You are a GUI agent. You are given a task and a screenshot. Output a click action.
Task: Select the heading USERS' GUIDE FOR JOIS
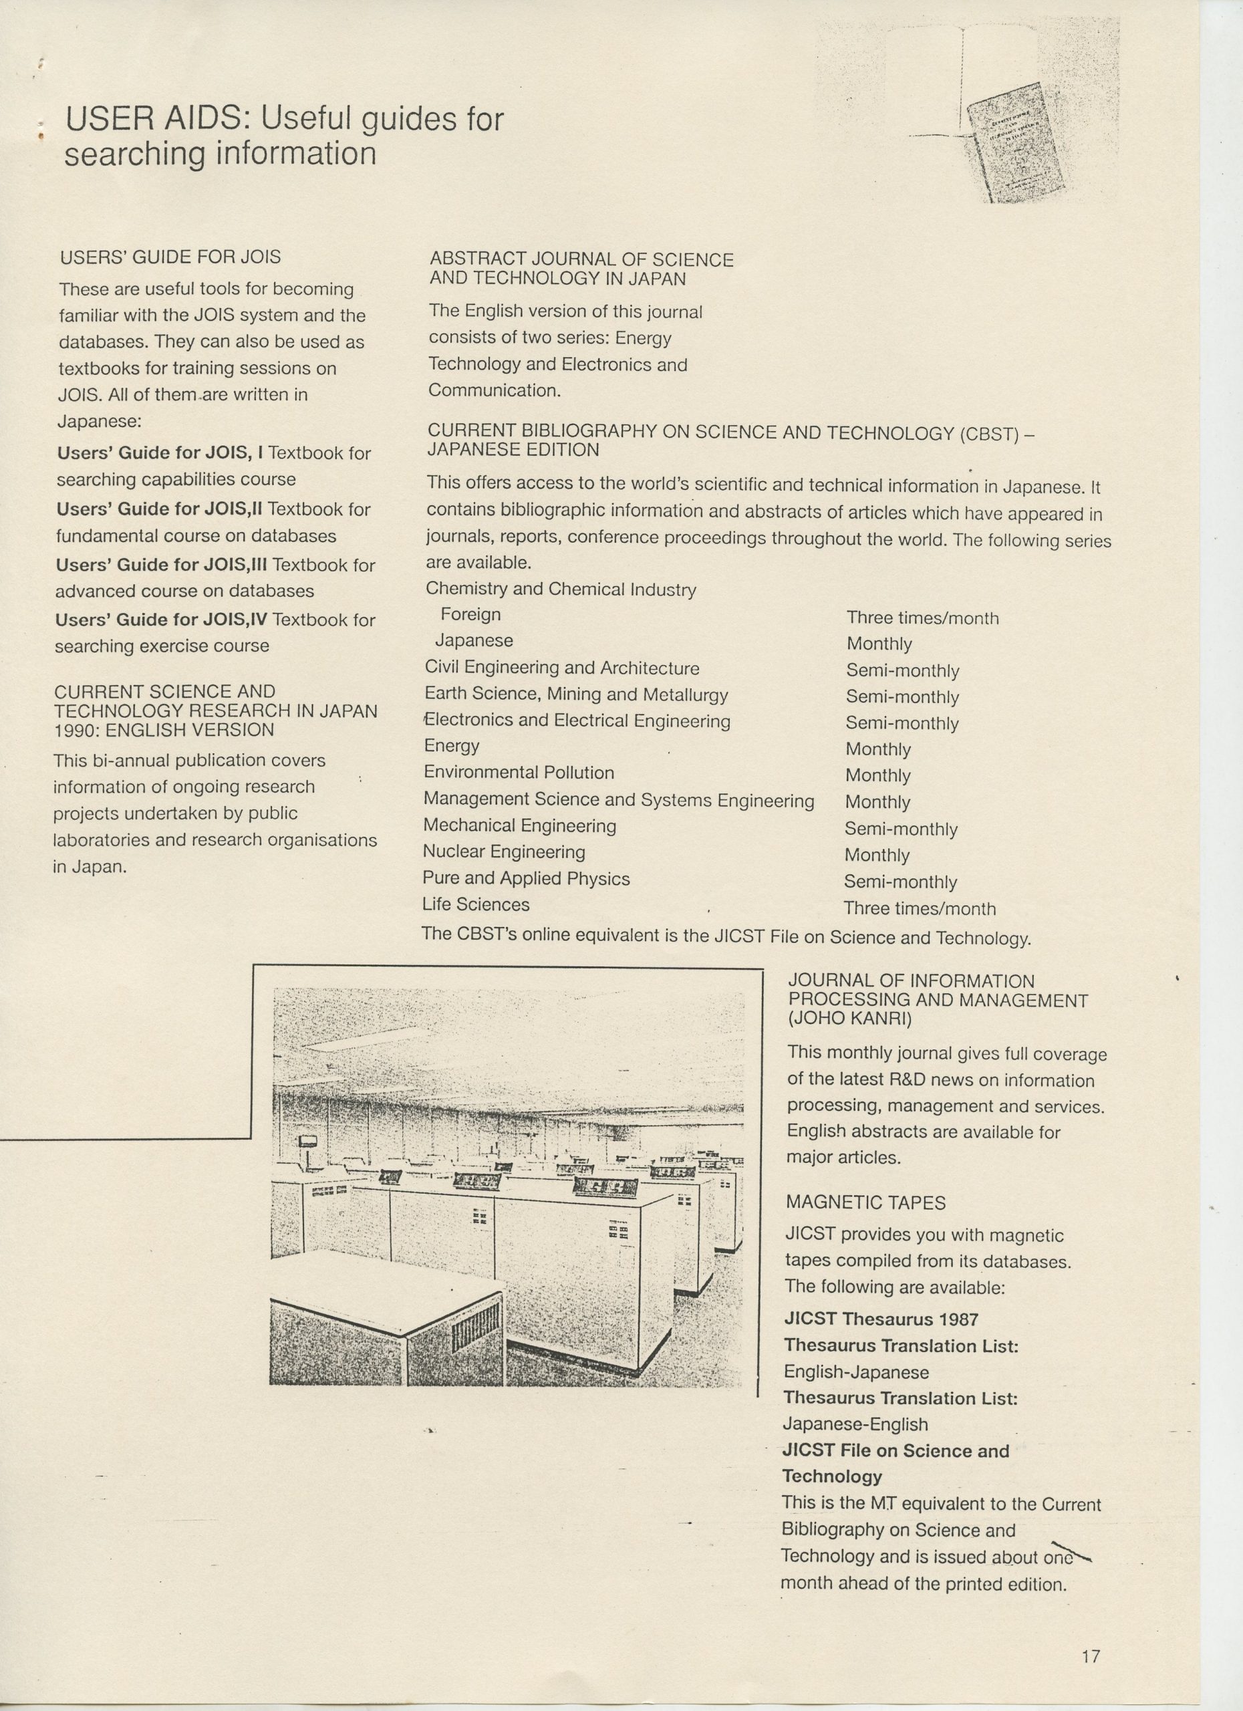pyautogui.click(x=170, y=257)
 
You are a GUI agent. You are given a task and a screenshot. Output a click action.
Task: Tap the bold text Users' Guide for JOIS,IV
pyautogui.click(x=162, y=620)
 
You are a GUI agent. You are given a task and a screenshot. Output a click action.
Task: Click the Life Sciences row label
pyautogui.click(x=476, y=904)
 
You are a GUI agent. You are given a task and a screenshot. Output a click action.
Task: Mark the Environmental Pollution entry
pyautogui.click(x=519, y=773)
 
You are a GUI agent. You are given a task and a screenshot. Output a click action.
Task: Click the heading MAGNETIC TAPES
pyautogui.click(x=865, y=1202)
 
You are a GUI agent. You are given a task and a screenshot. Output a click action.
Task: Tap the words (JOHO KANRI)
pyautogui.click(x=850, y=1019)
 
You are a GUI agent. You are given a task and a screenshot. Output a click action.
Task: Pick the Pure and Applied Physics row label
pyautogui.click(x=526, y=878)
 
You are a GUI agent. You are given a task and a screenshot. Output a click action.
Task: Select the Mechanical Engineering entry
pyautogui.click(x=520, y=826)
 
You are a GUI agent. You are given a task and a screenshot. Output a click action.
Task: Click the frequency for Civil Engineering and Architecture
pyautogui.click(x=902, y=670)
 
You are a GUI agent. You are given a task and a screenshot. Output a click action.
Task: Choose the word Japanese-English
pyautogui.click(x=855, y=1424)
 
